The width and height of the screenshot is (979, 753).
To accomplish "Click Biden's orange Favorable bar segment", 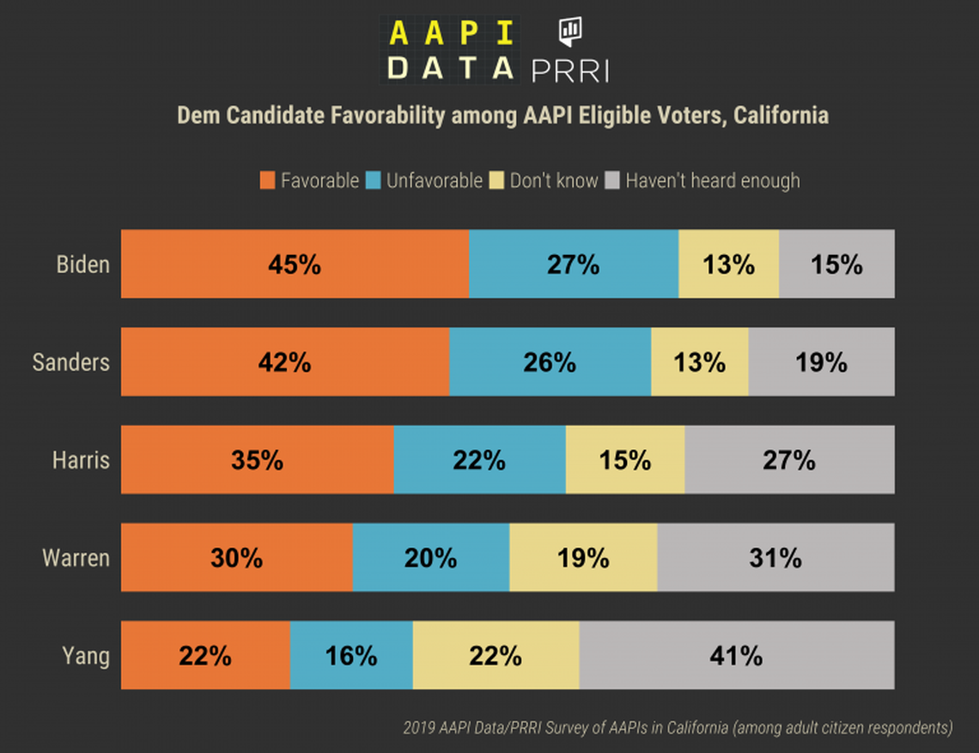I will [x=295, y=264].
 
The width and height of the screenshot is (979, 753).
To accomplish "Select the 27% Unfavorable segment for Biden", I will [x=573, y=264].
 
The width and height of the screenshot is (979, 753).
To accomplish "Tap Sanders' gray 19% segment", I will [x=821, y=361].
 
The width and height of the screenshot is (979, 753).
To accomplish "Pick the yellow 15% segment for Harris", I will [x=624, y=459].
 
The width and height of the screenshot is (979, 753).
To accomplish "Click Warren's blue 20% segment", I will [x=430, y=557].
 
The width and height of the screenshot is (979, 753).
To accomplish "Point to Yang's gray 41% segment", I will [x=736, y=655].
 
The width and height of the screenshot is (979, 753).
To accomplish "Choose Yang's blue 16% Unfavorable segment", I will [x=351, y=655].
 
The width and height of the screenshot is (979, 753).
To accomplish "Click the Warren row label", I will [x=76, y=558].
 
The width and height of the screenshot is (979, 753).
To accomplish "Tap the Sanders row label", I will [x=71, y=362].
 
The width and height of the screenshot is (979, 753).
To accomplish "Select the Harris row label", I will [x=81, y=460].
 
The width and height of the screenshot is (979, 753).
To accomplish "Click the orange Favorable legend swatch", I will [x=267, y=180].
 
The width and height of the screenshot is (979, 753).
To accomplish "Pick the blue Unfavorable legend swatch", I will [x=374, y=180].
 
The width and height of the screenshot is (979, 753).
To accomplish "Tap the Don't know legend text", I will [x=554, y=180].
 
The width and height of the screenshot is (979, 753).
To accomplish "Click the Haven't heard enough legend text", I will [x=712, y=180].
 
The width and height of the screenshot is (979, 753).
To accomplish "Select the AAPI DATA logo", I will [x=448, y=50].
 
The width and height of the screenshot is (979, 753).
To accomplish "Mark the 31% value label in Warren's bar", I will [x=775, y=557].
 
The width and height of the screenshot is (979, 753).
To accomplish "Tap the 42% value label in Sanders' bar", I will [x=284, y=361].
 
